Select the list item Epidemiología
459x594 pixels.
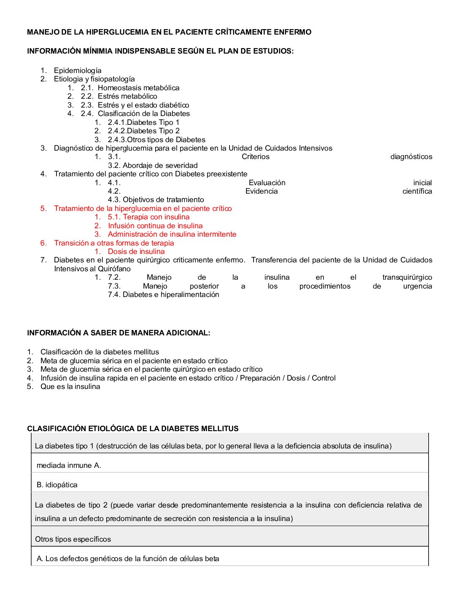pyautogui.click(x=78, y=70)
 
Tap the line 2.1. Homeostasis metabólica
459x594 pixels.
pyautogui.click(x=130, y=88)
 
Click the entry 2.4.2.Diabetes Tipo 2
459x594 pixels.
pyautogui.click(x=143, y=131)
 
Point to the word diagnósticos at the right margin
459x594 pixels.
pyautogui.click(x=411, y=157)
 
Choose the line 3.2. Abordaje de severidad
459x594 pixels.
pyautogui.click(x=153, y=165)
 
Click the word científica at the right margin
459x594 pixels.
pyautogui.click(x=417, y=191)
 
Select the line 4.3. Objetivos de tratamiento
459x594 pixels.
pyautogui.click(x=156, y=200)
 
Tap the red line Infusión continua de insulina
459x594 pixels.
pyautogui.click(x=155, y=226)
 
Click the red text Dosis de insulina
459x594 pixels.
pyautogui.click(x=136, y=251)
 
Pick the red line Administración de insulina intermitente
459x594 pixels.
pyautogui.click(x=172, y=234)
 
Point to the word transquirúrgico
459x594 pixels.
pyautogui.click(x=407, y=277)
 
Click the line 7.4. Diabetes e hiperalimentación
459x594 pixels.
pyautogui.click(x=163, y=294)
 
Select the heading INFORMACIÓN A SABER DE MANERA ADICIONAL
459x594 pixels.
pyautogui.click(x=119, y=333)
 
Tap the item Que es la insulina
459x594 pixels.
pyautogui.click(x=70, y=386)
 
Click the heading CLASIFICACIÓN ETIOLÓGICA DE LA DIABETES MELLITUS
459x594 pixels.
pyautogui.click(x=133, y=429)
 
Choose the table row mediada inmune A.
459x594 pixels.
pyautogui.click(x=69, y=465)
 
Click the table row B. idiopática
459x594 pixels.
pyautogui.click(x=57, y=485)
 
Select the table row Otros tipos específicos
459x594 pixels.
pyautogui.click(x=73, y=539)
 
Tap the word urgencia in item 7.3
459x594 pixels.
pyautogui.click(x=417, y=286)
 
